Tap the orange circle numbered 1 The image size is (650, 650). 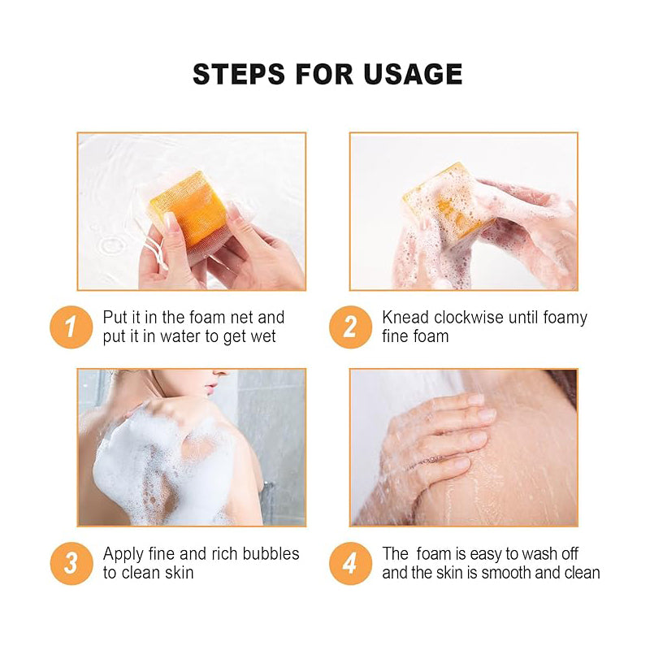pyautogui.click(x=71, y=326)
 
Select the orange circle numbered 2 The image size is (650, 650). pyautogui.click(x=350, y=326)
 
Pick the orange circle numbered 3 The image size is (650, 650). pyautogui.click(x=71, y=563)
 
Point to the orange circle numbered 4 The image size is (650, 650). pyautogui.click(x=350, y=563)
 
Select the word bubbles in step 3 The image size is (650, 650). pyautogui.click(x=269, y=554)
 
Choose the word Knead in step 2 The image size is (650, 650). pyautogui.click(x=405, y=317)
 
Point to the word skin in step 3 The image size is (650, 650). pyautogui.click(x=179, y=573)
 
